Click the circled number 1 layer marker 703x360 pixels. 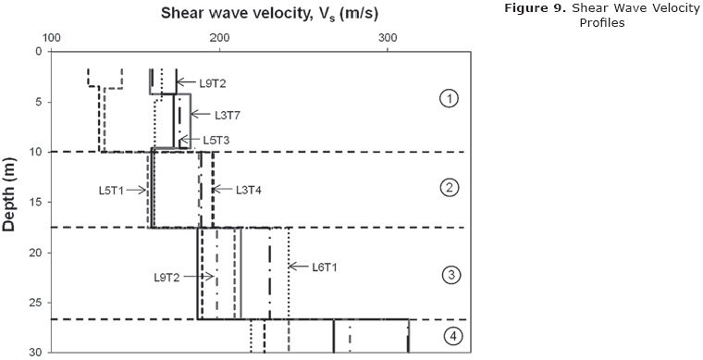(448, 99)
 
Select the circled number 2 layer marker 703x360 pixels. (450, 188)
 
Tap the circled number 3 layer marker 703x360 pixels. (451, 274)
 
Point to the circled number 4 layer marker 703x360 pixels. (453, 336)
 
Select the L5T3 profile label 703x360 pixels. (216, 140)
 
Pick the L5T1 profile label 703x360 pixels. (111, 190)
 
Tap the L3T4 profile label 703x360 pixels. (249, 190)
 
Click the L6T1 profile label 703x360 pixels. (324, 267)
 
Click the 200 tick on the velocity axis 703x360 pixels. (219, 39)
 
